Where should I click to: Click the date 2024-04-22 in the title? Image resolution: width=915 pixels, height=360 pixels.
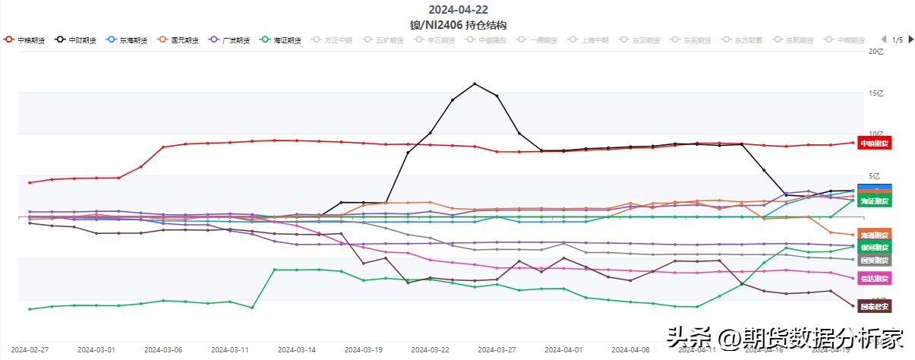[458, 10]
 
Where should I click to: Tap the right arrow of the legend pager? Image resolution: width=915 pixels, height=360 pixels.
[908, 39]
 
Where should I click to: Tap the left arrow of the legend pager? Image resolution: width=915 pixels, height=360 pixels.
[883, 39]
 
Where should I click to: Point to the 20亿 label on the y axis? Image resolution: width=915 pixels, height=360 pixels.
[876, 52]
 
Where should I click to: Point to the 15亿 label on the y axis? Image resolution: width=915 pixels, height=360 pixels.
[876, 93]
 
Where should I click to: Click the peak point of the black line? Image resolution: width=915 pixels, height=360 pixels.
[475, 84]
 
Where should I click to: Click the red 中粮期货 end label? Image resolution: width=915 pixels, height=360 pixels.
[873, 143]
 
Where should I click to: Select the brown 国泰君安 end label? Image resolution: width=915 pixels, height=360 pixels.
[873, 306]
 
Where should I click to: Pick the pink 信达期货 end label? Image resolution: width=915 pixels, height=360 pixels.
[873, 278]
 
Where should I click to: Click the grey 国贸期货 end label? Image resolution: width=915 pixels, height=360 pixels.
[873, 261]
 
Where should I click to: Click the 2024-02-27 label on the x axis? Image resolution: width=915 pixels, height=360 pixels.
[30, 350]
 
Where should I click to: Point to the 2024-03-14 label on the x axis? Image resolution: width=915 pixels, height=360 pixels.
[296, 350]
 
